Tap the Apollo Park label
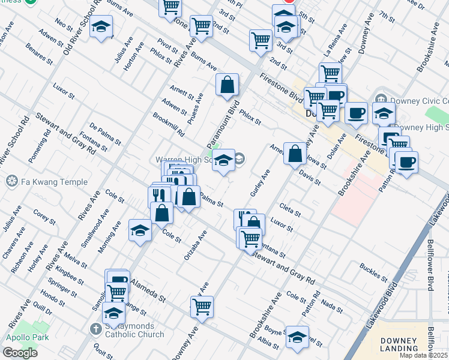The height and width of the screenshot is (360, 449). [x=22, y=336]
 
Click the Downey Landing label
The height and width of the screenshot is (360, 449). [x=399, y=344]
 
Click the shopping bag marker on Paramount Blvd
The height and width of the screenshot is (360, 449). [x=228, y=86]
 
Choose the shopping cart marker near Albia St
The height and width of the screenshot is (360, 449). [x=202, y=307]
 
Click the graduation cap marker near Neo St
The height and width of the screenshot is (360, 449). [x=101, y=27]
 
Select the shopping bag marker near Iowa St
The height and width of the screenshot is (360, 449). [x=295, y=154]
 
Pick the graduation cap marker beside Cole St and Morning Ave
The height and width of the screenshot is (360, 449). [x=140, y=230]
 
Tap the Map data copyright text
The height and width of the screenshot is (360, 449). [x=424, y=355]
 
